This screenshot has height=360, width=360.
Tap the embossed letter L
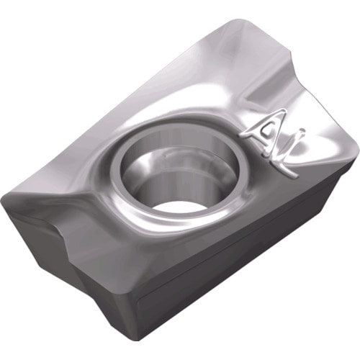pyautogui.click(x=287, y=156)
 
